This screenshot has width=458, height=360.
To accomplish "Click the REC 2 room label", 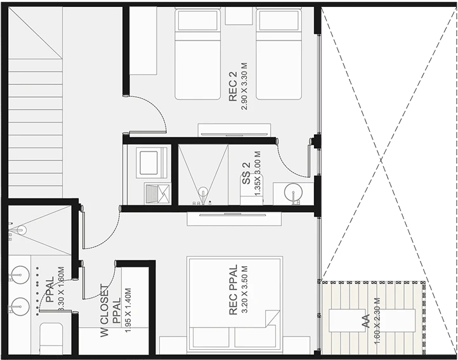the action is click(233, 86).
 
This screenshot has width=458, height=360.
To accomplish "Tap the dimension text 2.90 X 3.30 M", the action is click(244, 86).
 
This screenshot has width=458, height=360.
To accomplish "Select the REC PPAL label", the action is click(233, 290).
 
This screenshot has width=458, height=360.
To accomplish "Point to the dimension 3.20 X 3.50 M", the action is click(245, 290).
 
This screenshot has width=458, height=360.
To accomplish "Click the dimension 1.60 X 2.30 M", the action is click(377, 321).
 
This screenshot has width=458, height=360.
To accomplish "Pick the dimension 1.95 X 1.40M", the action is click(128, 311).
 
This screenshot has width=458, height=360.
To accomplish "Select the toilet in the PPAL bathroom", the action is click(51, 338).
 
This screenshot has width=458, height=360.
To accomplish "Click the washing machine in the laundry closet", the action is click(151, 162).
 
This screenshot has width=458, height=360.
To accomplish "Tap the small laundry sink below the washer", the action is click(157, 194).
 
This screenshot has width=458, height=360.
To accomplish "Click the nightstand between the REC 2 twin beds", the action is click(239, 16).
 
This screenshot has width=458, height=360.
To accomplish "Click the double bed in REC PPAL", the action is click(235, 302).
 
